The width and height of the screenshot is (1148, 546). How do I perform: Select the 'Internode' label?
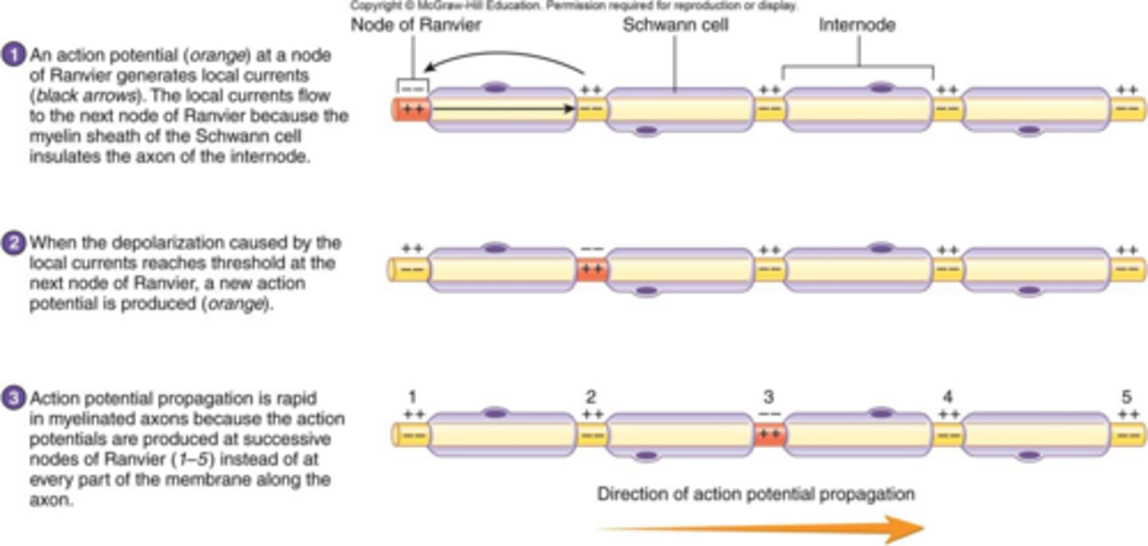[857, 26]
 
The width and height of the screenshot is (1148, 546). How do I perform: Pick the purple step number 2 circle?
[16, 243]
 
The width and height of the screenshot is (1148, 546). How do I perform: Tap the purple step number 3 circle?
[16, 398]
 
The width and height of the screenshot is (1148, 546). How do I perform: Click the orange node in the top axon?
[412, 109]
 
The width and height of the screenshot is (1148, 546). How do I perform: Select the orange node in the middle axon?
[591, 269]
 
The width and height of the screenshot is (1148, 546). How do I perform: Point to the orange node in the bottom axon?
[769, 434]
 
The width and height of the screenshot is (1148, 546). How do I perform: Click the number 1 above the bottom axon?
[412, 397]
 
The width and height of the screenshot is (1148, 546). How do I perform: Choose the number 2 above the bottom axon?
[591, 397]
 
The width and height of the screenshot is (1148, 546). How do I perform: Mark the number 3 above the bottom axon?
[769, 397]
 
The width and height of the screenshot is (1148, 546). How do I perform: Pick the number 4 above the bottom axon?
[947, 397]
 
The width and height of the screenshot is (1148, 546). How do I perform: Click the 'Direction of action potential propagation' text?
[756, 494]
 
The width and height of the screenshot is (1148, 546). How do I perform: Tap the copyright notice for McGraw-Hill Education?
[574, 6]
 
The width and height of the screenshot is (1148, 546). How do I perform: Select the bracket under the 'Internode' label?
[858, 67]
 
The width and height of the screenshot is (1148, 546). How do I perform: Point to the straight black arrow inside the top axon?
[502, 109]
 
